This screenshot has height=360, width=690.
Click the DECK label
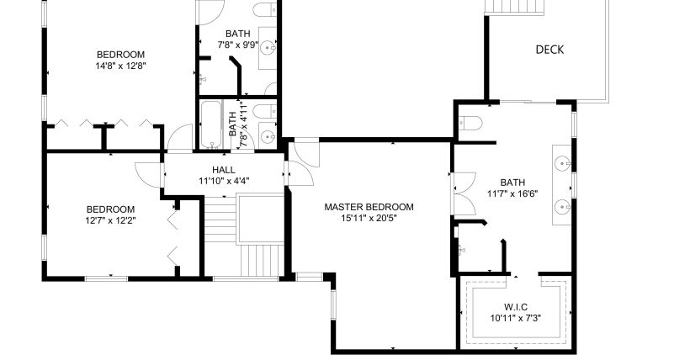pyautogui.click(x=549, y=50)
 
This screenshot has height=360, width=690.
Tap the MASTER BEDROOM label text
pyautogui.click(x=369, y=207)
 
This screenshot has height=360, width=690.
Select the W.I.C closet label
pyautogui.click(x=515, y=306)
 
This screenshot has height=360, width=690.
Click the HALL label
pyautogui.click(x=224, y=169)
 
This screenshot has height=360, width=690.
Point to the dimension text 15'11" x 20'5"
pyautogui.click(x=369, y=219)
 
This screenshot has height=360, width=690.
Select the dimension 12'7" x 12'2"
pyautogui.click(x=110, y=221)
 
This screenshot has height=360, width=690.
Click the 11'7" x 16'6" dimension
pyautogui.click(x=512, y=193)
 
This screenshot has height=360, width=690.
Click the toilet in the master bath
pyautogui.click(x=470, y=123)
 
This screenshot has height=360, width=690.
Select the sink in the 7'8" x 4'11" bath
pyautogui.click(x=268, y=135)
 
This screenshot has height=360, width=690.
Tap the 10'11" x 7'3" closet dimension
pyautogui.click(x=515, y=318)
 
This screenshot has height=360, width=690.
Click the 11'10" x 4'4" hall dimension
pyautogui.click(x=224, y=181)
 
